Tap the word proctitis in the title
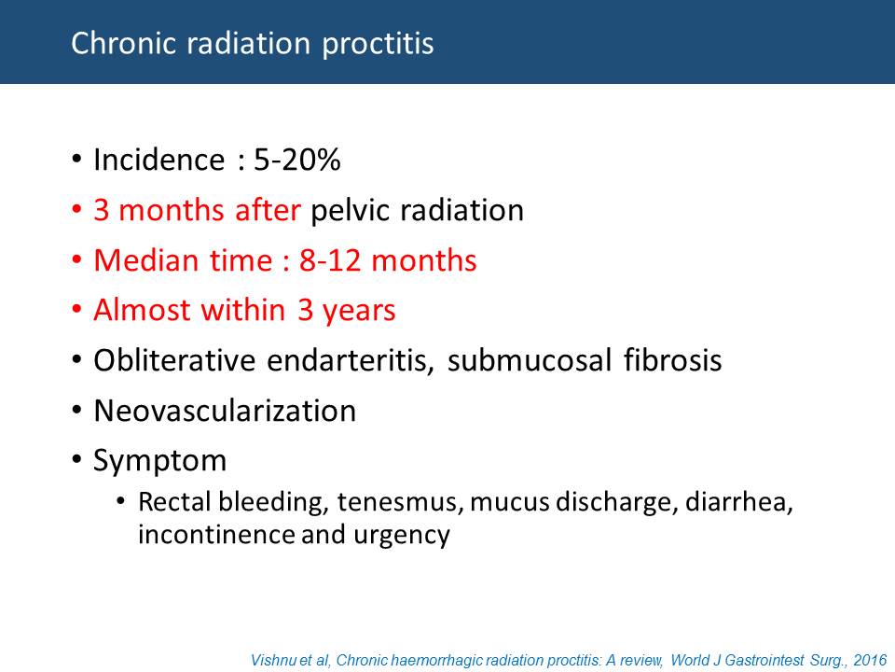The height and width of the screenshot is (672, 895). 378,45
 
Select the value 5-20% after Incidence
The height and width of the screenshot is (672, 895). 296,160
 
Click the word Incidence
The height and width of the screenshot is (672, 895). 158,160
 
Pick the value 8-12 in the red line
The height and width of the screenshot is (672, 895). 330,260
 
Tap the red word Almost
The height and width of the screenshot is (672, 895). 142,310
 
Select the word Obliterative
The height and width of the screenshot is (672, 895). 174,360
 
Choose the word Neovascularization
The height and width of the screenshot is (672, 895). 225,411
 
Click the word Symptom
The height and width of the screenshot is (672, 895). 159,461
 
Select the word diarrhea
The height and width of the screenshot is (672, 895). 738,502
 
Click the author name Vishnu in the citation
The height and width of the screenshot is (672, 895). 273,660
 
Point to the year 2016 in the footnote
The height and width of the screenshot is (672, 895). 870,660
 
